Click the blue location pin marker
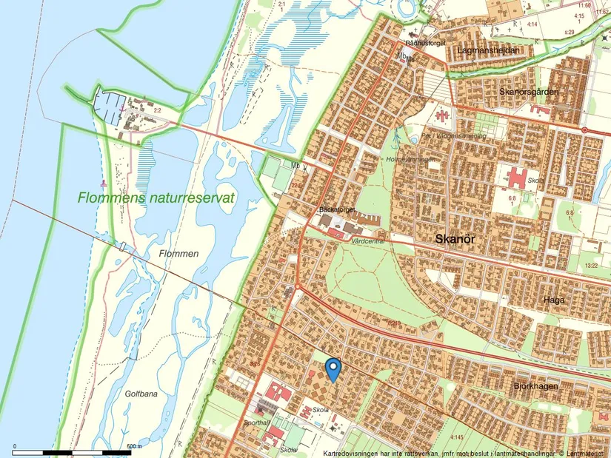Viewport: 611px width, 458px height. [333, 368]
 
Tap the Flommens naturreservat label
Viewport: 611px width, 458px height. [156, 198]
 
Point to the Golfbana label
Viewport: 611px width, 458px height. [141, 394]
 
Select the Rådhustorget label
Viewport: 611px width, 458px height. [425, 44]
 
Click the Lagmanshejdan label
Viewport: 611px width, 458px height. [486, 50]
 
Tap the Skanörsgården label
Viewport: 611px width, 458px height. [528, 91]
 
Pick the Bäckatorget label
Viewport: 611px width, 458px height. [338, 210]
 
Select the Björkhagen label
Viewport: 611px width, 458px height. [534, 385]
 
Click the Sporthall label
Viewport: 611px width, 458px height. [254, 422]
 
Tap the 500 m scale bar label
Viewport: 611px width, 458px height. [133, 446]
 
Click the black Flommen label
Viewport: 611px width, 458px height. [178, 254]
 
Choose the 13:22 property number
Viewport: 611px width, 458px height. [590, 265]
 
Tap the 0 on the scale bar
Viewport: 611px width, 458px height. [14, 446]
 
